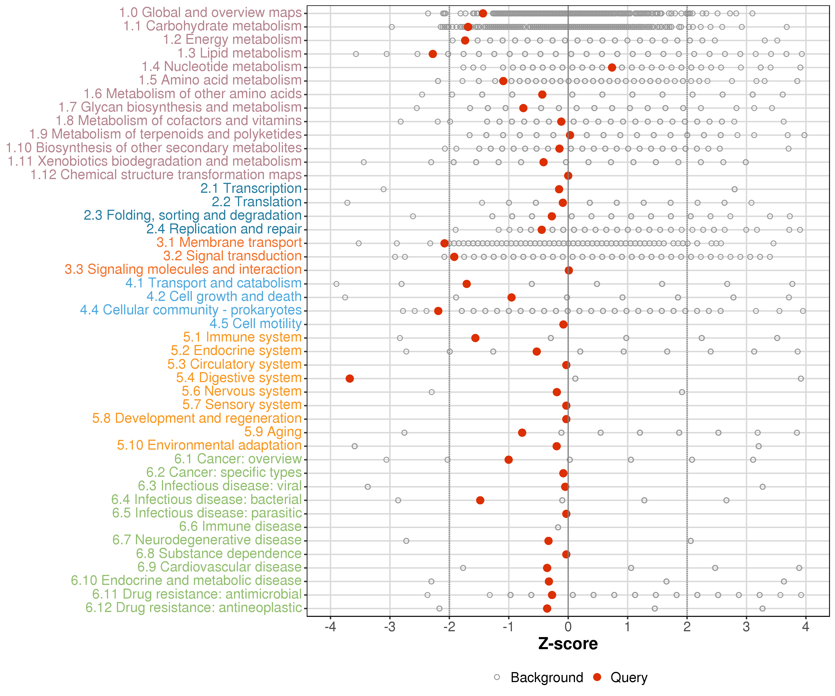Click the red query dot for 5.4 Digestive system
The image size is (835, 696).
350,378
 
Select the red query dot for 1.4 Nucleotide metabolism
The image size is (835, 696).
612,67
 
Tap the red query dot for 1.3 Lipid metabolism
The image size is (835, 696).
433,54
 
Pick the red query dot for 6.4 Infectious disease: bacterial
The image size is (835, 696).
480,500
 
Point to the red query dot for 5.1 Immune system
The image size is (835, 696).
475,338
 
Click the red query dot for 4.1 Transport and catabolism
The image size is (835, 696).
466,284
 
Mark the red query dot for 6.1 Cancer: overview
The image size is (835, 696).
508,459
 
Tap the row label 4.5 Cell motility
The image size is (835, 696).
256,323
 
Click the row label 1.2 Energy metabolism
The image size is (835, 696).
232,39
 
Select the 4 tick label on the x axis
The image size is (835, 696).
806,627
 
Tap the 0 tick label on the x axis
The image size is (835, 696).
568,627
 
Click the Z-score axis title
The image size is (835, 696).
568,644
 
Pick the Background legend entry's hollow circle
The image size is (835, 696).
497,677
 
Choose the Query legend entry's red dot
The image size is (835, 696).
597,677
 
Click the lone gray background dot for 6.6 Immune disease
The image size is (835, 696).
558,527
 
